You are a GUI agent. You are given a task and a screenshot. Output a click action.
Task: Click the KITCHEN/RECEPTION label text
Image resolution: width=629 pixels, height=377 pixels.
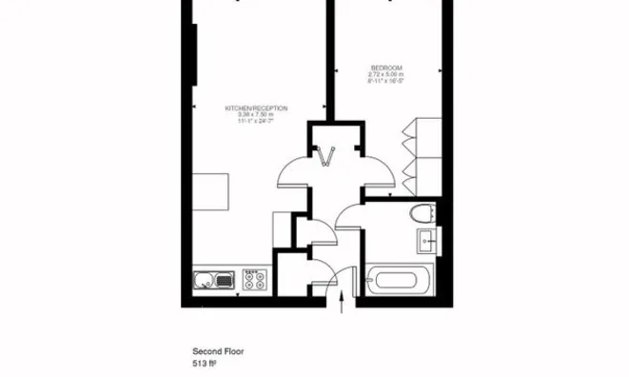[x=257, y=109]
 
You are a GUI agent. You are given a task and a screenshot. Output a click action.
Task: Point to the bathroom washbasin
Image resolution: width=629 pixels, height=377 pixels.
[x=428, y=242]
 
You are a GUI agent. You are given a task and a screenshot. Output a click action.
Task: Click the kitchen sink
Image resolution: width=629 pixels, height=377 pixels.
[x=214, y=280]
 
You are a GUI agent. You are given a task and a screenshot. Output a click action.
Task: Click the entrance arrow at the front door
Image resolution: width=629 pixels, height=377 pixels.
[x=343, y=303]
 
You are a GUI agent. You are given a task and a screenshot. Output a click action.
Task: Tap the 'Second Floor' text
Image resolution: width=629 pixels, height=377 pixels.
[x=219, y=350]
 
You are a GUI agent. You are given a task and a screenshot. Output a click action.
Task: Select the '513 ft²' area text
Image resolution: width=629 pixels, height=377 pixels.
[x=206, y=363]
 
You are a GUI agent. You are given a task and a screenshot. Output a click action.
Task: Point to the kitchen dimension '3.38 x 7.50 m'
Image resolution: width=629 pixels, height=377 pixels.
[x=257, y=115]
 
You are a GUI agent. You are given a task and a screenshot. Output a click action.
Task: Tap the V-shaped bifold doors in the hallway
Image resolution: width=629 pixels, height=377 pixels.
[x=329, y=156]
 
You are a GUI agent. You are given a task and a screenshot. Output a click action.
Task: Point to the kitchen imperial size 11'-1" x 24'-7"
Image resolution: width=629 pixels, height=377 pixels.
[x=257, y=122]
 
